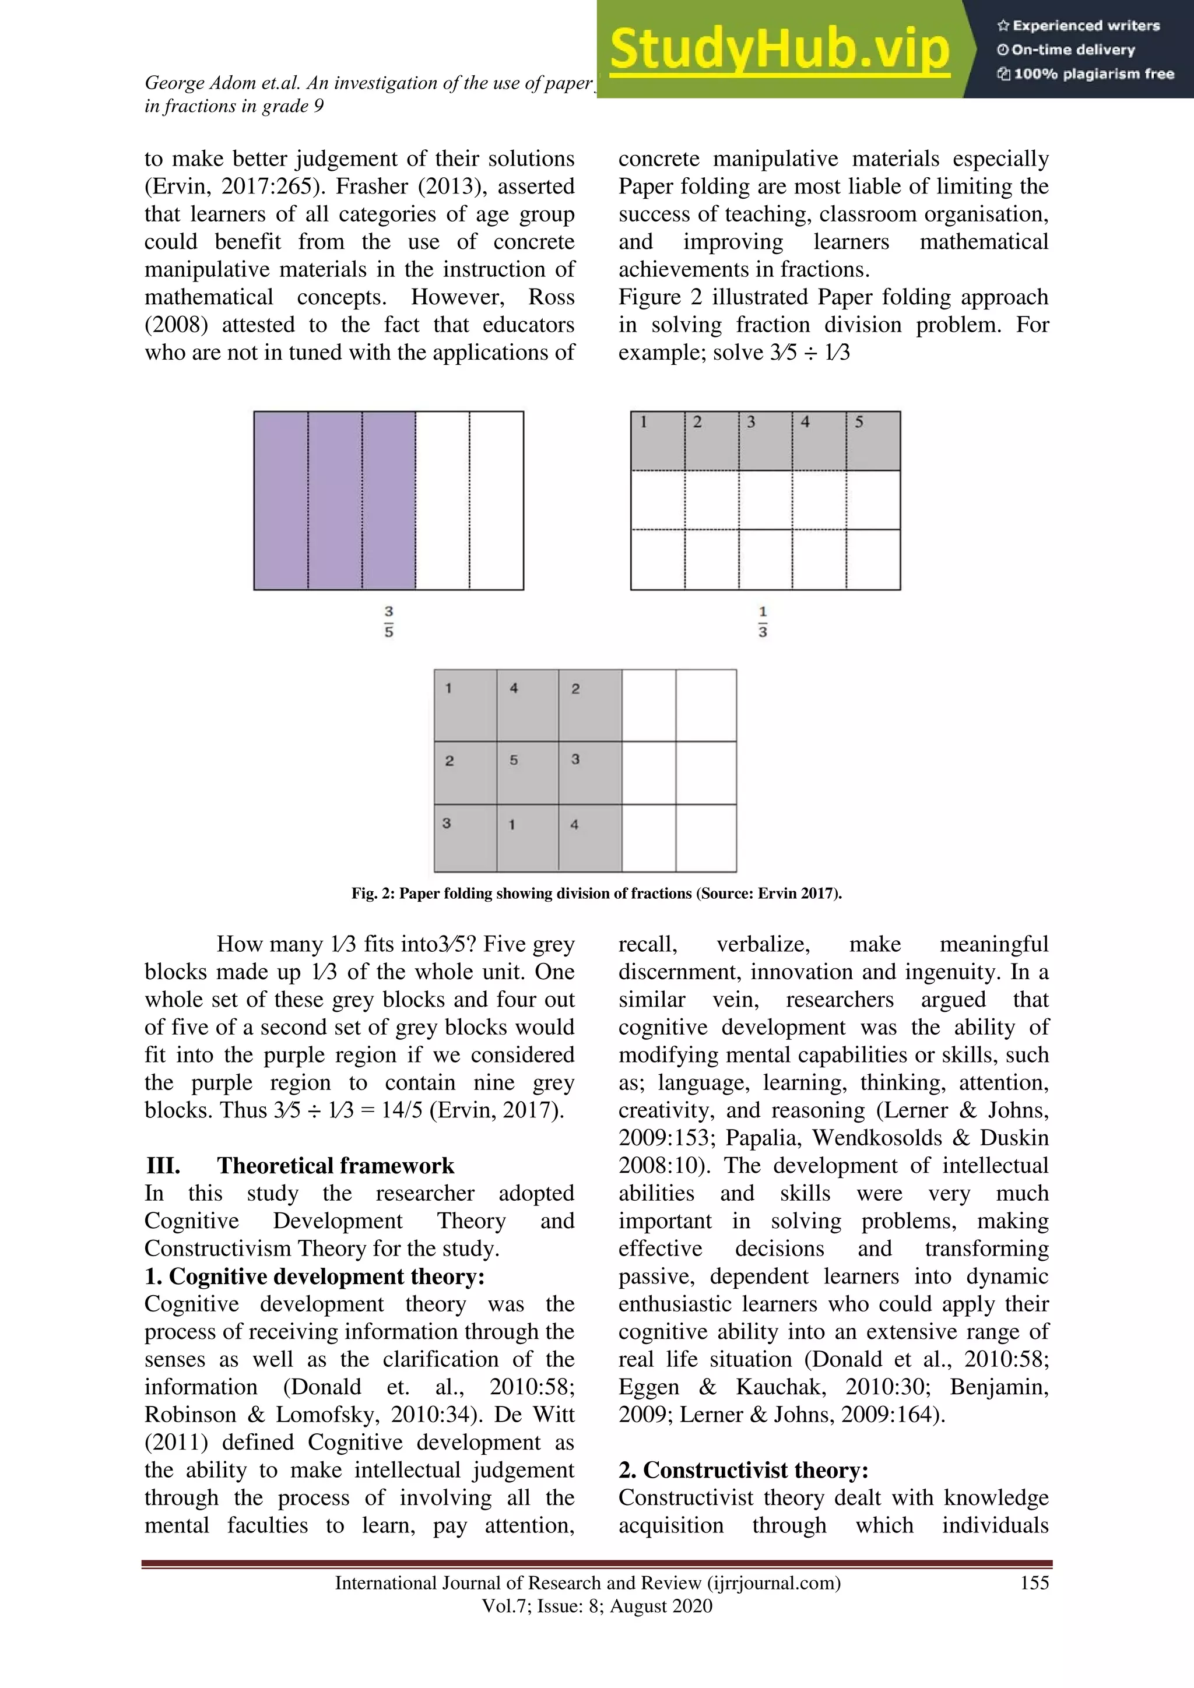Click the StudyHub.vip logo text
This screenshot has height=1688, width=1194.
pyautogui.click(x=779, y=50)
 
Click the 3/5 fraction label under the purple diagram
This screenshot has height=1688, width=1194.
pyautogui.click(x=389, y=621)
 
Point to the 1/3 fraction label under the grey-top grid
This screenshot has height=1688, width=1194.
pyautogui.click(x=763, y=621)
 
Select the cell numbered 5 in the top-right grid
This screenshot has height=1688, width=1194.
pyautogui.click(x=873, y=441)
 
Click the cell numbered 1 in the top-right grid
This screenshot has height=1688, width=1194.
pyautogui.click(x=657, y=441)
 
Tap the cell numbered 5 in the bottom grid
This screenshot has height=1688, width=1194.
pyautogui.click(x=527, y=772)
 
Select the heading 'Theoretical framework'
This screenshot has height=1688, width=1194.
pyautogui.click(x=335, y=1166)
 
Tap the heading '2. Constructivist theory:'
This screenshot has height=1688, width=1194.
pyautogui.click(x=743, y=1469)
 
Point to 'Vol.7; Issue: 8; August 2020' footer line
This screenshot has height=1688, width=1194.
pyautogui.click(x=597, y=1606)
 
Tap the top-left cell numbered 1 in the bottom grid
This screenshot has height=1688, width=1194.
pyautogui.click(x=465, y=704)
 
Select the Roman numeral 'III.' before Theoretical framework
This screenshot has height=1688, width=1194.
pyautogui.click(x=163, y=1166)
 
